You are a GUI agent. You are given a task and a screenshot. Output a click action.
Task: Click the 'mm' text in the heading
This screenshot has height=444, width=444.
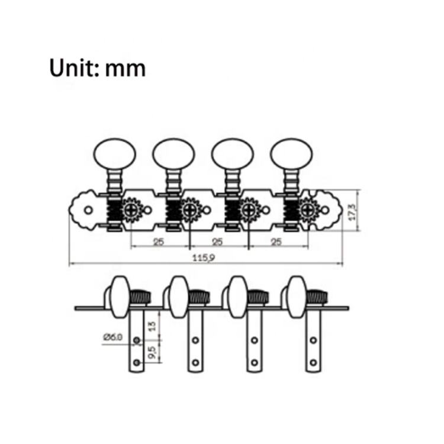coord(125,69)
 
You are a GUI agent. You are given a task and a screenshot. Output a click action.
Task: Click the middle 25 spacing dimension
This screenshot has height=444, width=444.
coord(217,241)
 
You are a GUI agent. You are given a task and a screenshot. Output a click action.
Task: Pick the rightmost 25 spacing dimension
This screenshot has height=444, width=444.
coord(276,241)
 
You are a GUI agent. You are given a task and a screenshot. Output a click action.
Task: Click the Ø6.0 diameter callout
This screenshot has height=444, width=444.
coord(112,337)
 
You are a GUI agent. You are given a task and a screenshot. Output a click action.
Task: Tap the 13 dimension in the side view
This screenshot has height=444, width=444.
coord(152,325)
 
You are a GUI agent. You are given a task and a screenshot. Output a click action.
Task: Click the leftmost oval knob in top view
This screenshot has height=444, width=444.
coord(115,153)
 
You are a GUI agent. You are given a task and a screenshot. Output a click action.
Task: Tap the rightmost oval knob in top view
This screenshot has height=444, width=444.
coord(291,153)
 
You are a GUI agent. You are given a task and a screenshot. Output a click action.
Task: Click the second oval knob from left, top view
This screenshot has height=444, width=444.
coord(173,153)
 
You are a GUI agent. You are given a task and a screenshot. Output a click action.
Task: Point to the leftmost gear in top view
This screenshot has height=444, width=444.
coord(131,210)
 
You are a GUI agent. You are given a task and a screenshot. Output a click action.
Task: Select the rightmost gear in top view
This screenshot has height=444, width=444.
coord(308,210)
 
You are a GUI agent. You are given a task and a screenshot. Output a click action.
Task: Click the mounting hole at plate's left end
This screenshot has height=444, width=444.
coord(88,210)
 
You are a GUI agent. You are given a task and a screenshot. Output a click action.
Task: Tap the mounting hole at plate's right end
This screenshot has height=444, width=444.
coord(325,210)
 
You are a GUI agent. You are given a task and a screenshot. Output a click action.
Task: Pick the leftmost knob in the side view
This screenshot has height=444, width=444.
coord(119,295)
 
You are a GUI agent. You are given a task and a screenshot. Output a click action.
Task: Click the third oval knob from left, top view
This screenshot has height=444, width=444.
coord(232,153)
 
